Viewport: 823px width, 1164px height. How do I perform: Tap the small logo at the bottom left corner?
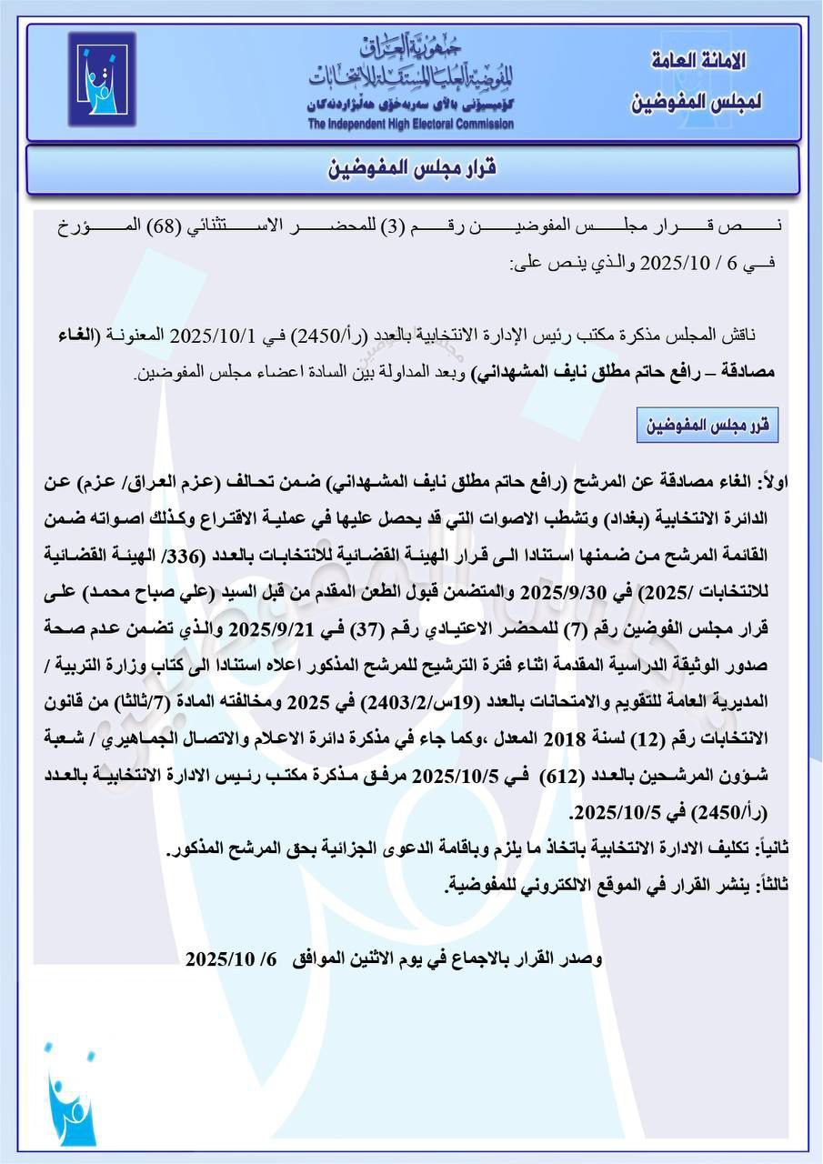coord(71,1098)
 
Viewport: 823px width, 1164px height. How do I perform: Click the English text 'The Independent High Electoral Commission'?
coord(410,125)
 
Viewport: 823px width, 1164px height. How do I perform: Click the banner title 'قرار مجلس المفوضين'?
coord(412,169)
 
